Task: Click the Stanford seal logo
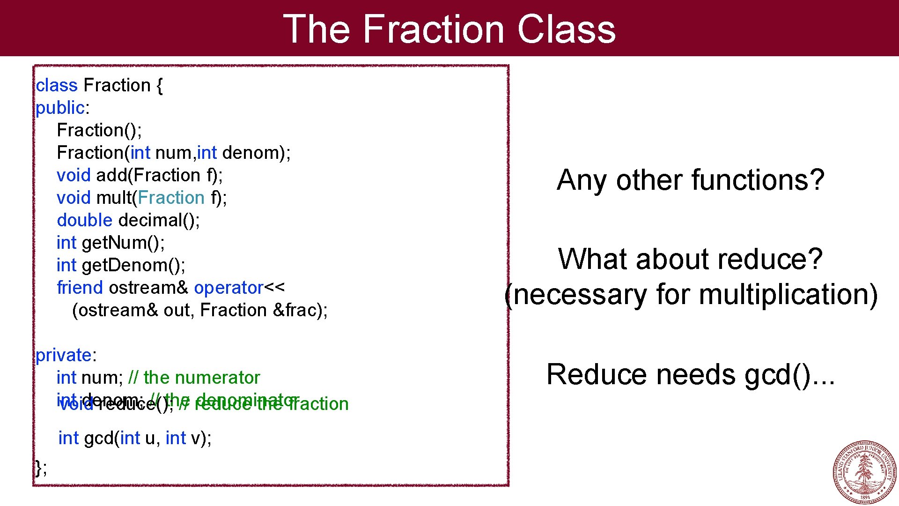(x=864, y=472)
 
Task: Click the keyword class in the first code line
(x=57, y=86)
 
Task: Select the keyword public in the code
(x=60, y=108)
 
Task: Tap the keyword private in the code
(x=64, y=356)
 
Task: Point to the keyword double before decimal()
(x=84, y=221)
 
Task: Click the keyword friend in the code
(x=80, y=288)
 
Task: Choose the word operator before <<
(x=228, y=288)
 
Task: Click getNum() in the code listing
(x=123, y=243)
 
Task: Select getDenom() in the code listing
(x=133, y=266)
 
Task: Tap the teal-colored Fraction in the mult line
(x=171, y=198)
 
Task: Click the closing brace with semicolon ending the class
(x=41, y=468)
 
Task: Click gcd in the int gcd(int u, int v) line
(x=98, y=439)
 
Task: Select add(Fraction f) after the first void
(x=159, y=176)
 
